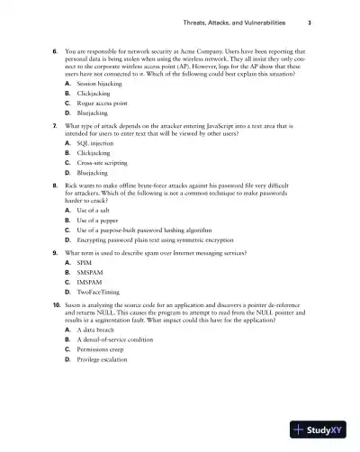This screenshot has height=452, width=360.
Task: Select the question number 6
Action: pyautogui.click(x=56, y=52)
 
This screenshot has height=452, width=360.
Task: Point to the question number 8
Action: pyautogui.click(x=56, y=207)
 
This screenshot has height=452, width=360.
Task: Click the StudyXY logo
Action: pyautogui.click(x=318, y=430)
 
